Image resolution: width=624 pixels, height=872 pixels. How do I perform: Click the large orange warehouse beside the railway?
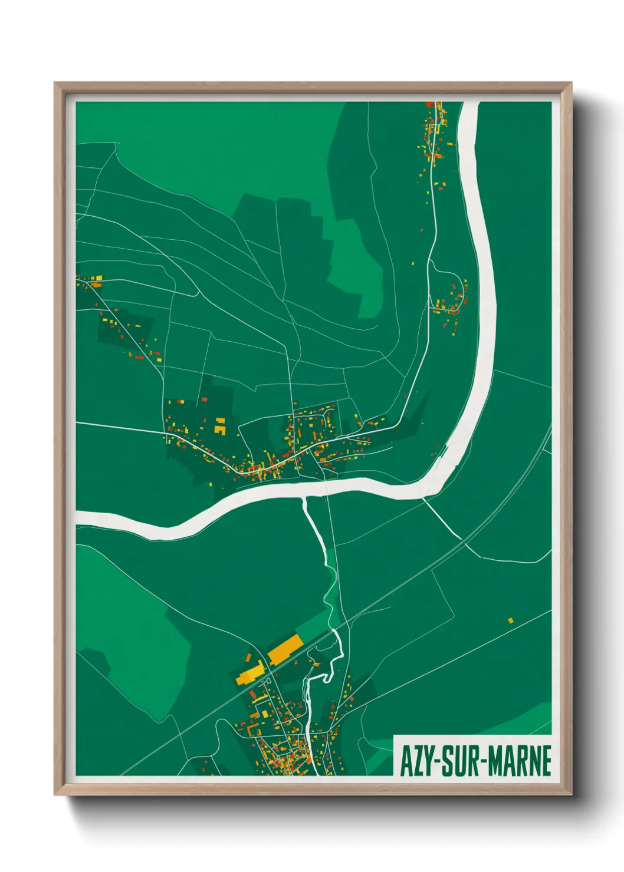click(285, 648)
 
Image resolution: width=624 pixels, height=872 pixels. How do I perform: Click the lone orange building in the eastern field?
click(511, 620)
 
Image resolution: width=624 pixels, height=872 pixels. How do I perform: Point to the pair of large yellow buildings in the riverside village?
click(220, 426)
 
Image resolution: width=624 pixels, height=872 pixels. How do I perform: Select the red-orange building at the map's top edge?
click(430, 104)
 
